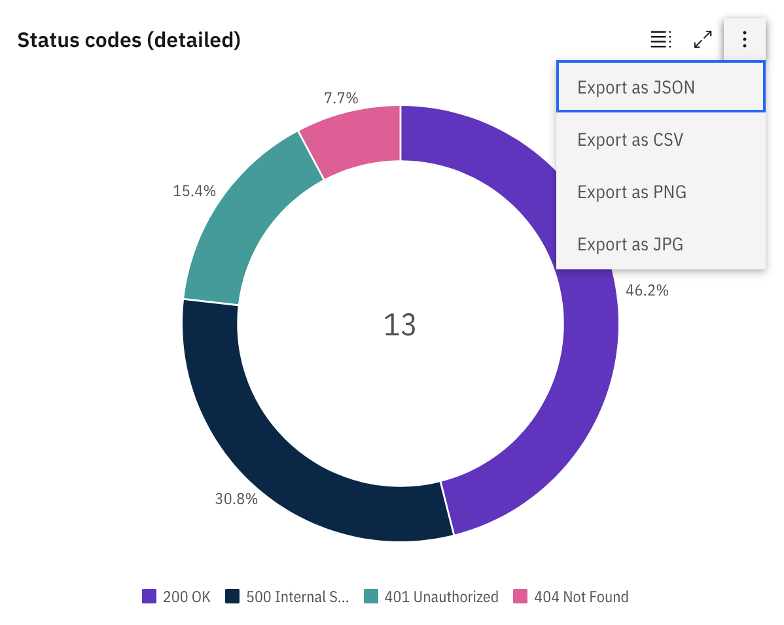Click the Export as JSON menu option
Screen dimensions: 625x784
tap(660, 87)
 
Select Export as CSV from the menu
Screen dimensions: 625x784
tap(660, 139)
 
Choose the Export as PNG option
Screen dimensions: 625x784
tap(660, 192)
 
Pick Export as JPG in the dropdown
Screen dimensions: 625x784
tap(660, 244)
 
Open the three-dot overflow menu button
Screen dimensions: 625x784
tap(744, 40)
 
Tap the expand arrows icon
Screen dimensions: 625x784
tap(703, 40)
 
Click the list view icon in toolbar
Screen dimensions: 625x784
tap(660, 40)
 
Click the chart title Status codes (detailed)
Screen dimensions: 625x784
tap(129, 41)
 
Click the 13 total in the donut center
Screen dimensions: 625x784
tap(400, 325)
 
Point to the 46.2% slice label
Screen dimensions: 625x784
tap(647, 291)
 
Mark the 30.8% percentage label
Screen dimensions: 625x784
tap(236, 499)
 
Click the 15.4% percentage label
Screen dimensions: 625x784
tap(194, 192)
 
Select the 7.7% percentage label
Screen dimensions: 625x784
tap(341, 99)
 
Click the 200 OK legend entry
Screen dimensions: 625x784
tap(177, 597)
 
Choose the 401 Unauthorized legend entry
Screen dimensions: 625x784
tap(432, 597)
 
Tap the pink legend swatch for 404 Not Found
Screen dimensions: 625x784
tap(520, 596)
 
